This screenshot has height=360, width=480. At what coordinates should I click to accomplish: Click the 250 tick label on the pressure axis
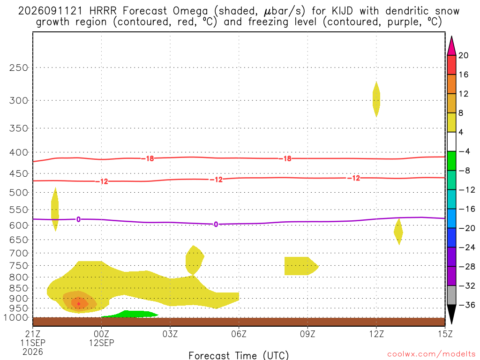(x=18, y=67)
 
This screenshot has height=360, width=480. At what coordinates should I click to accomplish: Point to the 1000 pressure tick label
(x=16, y=317)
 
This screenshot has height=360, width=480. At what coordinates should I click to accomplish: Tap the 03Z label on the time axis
(x=170, y=334)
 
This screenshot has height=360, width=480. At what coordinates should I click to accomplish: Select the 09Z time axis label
(x=307, y=334)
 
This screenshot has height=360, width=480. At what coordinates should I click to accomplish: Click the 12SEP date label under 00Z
(x=101, y=343)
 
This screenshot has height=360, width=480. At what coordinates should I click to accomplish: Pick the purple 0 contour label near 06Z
(x=216, y=225)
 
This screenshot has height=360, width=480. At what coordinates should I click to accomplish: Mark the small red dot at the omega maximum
(x=79, y=304)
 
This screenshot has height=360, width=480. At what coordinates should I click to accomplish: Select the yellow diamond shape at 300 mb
(x=376, y=99)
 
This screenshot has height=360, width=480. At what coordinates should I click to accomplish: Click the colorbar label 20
(x=464, y=55)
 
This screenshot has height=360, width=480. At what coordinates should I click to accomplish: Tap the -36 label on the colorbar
(x=467, y=305)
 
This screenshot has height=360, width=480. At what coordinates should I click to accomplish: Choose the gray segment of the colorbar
(x=451, y=295)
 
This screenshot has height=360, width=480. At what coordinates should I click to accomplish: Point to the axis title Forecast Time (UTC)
(x=239, y=355)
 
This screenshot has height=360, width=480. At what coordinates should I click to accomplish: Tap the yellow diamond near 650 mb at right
(x=398, y=232)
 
